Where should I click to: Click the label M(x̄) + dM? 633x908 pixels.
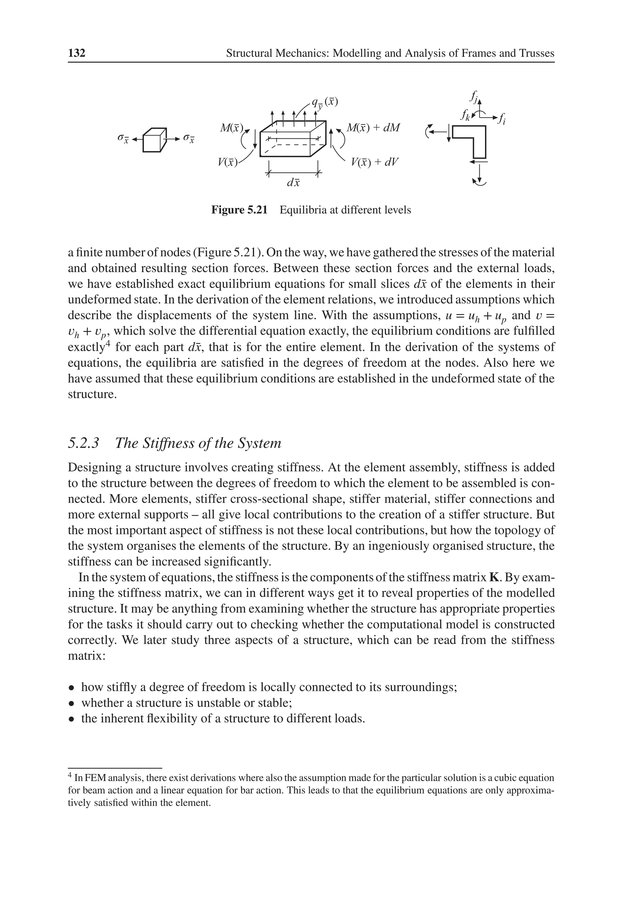point(373,128)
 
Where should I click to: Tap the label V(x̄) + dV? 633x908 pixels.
point(374,162)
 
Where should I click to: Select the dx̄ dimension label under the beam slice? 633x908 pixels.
point(293,183)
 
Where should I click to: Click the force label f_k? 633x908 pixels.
point(465,115)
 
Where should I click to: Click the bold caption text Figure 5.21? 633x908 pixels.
point(239,210)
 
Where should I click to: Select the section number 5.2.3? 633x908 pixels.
point(83,443)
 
